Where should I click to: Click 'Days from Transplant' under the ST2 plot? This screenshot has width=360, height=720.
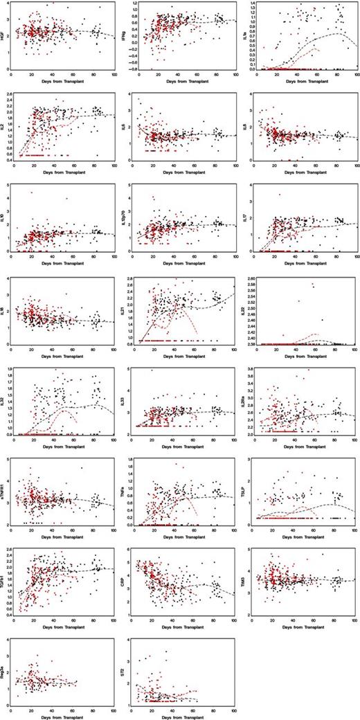coord(183,716)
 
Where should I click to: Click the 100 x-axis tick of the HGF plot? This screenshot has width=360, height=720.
coord(114,73)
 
